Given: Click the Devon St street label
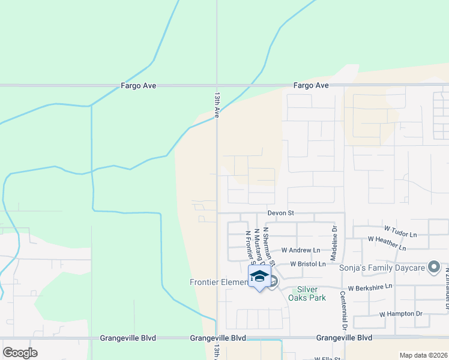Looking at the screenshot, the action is tap(280, 213).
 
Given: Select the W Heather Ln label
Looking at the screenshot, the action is tap(387, 243).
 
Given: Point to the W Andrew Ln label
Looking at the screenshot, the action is tap(301, 250).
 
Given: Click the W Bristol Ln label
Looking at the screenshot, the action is tap(308, 264).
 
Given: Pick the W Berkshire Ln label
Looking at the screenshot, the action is tap(369, 286).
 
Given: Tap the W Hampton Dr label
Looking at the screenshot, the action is tap(401, 314).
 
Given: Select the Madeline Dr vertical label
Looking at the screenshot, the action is tap(335, 236).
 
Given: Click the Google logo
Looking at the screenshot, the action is tap(20, 352).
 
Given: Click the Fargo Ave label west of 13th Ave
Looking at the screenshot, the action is tap(138, 86).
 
